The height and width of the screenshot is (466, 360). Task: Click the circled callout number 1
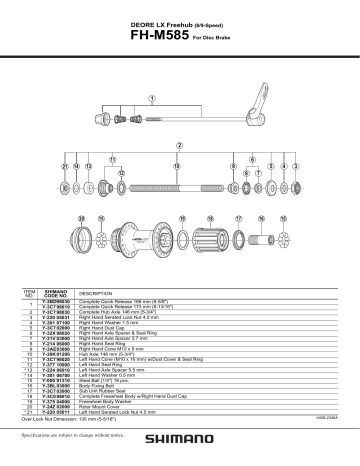pos(152,98)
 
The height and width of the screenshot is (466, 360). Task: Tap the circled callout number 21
pos(63,165)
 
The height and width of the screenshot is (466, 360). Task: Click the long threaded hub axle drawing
pos(180,186)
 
